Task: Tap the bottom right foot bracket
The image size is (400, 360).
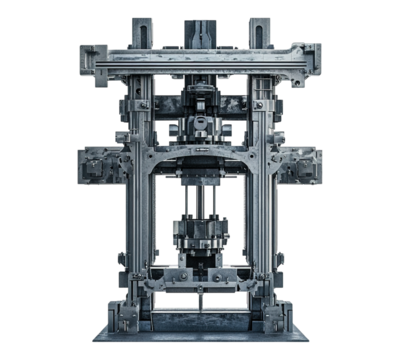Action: [x=278, y=315]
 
